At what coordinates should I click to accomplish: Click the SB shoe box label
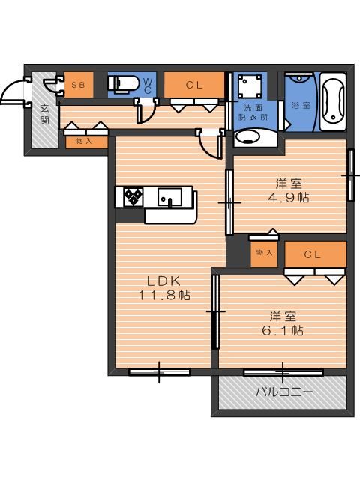[78, 85]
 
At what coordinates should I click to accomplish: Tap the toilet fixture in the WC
[122, 84]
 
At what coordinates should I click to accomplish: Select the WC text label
[148, 85]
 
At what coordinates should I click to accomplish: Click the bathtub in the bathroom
[333, 102]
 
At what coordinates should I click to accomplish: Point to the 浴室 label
[301, 105]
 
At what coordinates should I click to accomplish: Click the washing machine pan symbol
[250, 86]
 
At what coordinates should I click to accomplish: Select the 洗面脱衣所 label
[253, 112]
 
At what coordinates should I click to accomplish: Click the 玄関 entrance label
[45, 115]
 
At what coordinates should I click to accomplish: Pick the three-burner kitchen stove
[133, 196]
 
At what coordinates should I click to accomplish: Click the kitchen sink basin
[169, 196]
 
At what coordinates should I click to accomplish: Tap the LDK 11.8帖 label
[164, 288]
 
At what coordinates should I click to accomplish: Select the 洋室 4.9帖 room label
[289, 191]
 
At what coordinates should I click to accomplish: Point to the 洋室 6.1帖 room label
[283, 323]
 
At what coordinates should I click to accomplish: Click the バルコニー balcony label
[284, 391]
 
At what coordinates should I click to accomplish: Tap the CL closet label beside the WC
[194, 85]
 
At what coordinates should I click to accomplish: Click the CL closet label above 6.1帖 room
[313, 254]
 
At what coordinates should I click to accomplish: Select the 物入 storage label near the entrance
[84, 142]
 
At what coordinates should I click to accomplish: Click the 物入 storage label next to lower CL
[264, 253]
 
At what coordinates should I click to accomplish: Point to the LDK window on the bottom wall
[159, 372]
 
